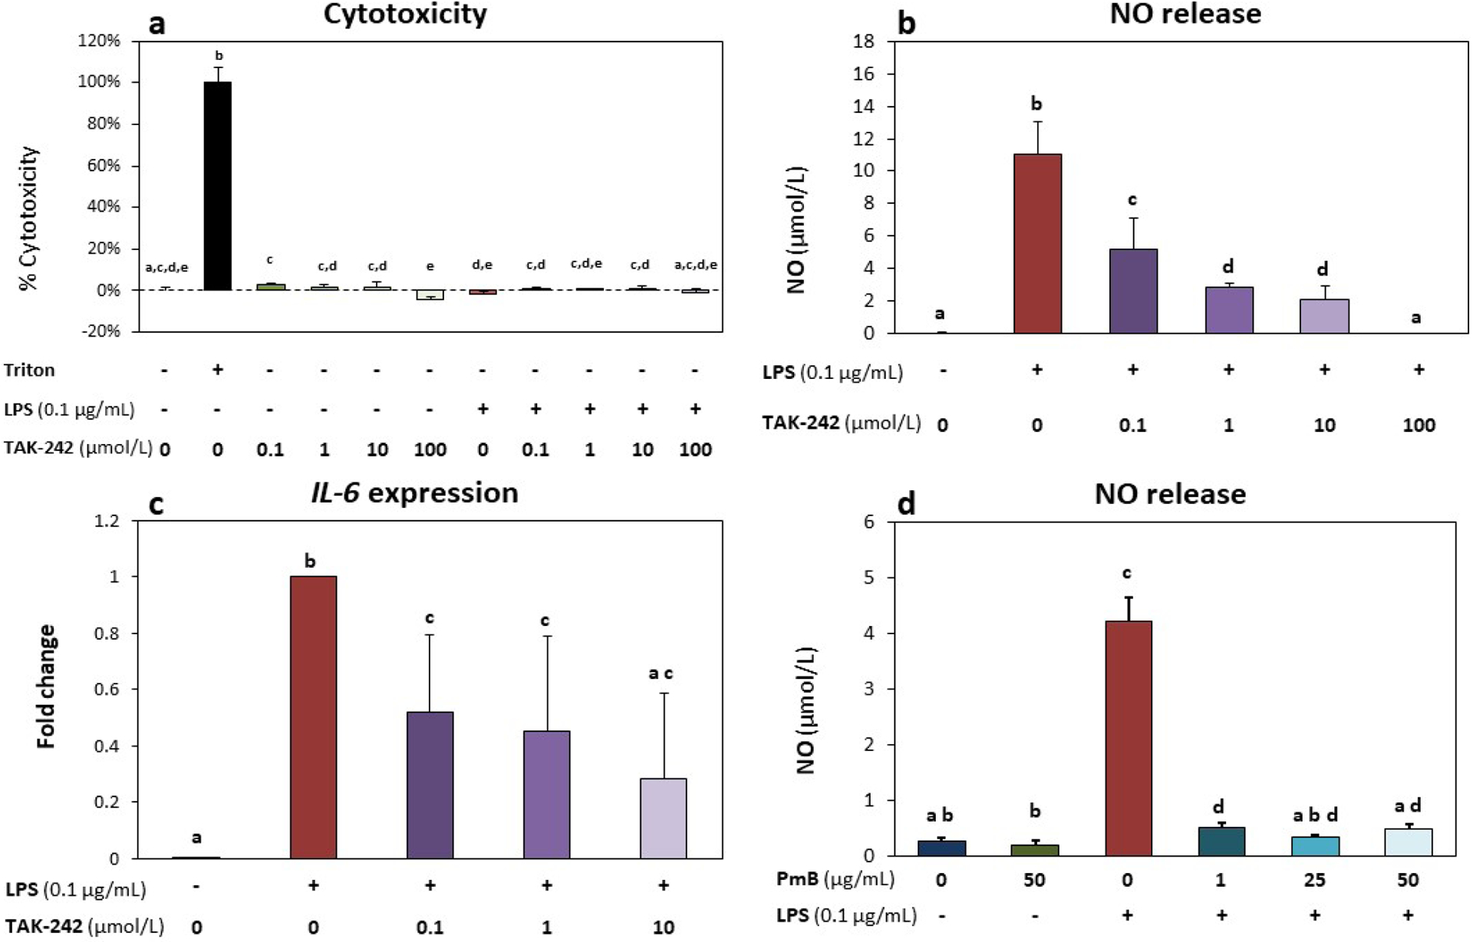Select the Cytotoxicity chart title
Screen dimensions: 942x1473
click(x=405, y=15)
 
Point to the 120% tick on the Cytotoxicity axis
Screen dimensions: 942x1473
click(x=99, y=41)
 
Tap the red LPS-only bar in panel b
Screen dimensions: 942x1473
click(x=1037, y=243)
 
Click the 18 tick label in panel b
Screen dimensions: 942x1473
click(x=864, y=41)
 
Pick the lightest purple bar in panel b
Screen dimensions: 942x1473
click(x=1324, y=316)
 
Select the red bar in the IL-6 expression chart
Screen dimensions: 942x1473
click(x=313, y=716)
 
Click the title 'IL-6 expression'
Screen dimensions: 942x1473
click(x=414, y=492)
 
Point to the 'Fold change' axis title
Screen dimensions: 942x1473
click(x=47, y=686)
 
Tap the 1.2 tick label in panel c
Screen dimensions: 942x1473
click(x=107, y=521)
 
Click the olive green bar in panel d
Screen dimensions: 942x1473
click(x=1034, y=849)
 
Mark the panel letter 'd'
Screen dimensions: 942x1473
click(x=906, y=505)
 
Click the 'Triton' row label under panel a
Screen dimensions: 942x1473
click(x=29, y=370)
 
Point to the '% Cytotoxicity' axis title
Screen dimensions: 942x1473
click(x=29, y=219)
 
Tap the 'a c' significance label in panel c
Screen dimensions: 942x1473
click(x=661, y=674)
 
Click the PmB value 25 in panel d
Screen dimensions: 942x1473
click(x=1314, y=879)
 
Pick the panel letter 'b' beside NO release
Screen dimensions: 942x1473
click(x=906, y=23)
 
